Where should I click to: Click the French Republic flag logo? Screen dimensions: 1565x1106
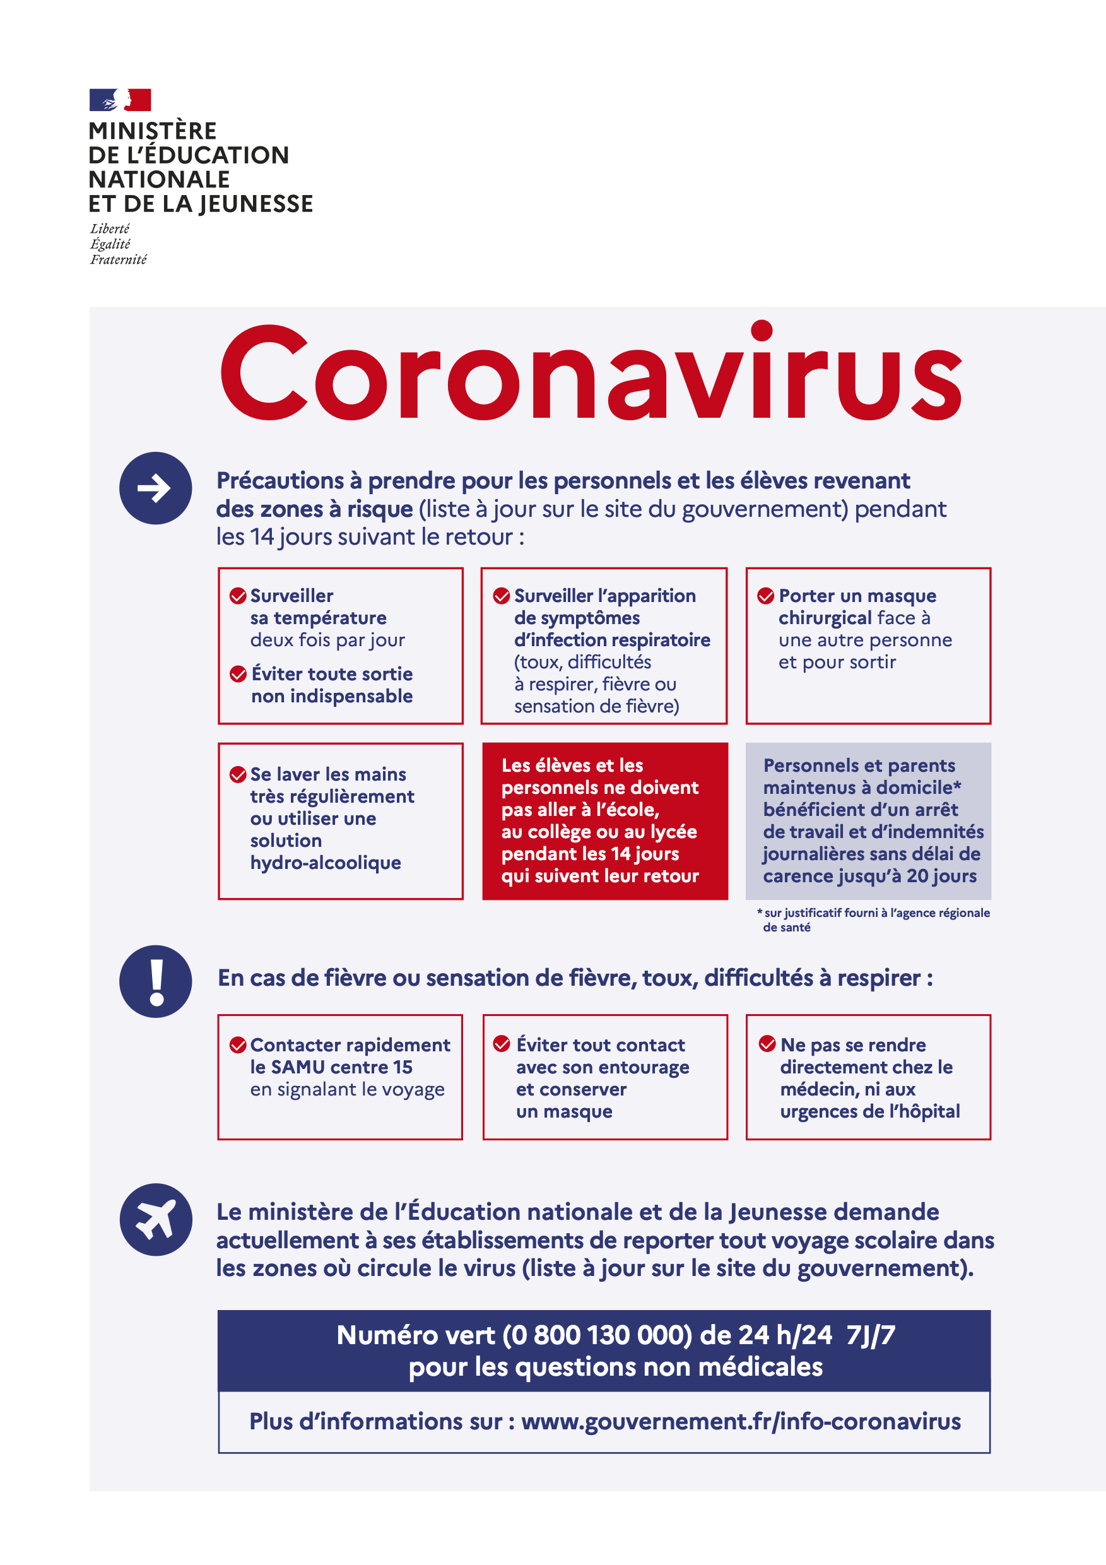point(120,100)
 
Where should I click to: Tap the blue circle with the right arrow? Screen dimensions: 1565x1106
point(155,488)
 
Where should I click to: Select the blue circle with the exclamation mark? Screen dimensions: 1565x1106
point(155,981)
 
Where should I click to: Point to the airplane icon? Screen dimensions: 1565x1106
point(155,1219)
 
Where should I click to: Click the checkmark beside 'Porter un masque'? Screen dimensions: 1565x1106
point(765,596)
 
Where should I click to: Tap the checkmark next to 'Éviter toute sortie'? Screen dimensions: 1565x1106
point(238,674)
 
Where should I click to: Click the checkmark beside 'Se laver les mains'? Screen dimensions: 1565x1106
point(238,774)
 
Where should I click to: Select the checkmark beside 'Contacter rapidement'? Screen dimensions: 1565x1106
point(238,1045)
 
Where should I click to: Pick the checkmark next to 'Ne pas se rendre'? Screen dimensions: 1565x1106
point(767,1044)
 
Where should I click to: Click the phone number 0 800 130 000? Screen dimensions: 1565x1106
point(597,1335)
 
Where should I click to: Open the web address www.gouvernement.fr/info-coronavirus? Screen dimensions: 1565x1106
point(741,1421)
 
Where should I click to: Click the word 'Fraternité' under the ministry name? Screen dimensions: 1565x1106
point(119,260)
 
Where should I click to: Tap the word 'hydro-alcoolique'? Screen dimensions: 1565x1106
point(325,863)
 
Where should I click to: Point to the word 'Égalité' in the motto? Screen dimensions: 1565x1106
point(110,244)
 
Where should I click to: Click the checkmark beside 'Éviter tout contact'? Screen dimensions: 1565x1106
point(502,1044)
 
